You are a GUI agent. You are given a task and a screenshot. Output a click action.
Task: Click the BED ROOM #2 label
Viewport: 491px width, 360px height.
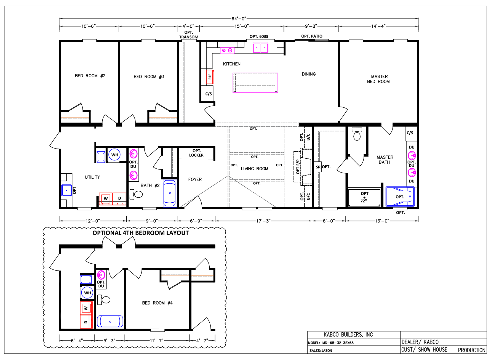point(90,76)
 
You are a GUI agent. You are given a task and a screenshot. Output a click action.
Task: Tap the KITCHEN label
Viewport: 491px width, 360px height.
point(232,64)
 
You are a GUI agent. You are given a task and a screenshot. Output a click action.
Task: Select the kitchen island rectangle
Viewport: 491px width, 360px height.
point(255,83)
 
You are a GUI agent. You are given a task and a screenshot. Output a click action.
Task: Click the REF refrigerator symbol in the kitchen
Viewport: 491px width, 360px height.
point(210,77)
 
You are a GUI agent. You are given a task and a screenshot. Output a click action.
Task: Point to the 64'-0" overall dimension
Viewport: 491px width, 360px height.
point(239,18)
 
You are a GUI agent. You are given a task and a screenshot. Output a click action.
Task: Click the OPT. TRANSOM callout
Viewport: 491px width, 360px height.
point(189,35)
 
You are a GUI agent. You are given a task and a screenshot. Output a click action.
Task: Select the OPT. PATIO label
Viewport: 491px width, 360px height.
point(312,36)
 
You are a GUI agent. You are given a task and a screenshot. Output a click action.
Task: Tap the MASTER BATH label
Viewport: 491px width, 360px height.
point(385,160)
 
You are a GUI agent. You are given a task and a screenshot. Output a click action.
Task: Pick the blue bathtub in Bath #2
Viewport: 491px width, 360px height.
point(170,193)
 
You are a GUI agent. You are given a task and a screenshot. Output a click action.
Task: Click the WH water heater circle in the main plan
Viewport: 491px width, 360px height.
point(115,155)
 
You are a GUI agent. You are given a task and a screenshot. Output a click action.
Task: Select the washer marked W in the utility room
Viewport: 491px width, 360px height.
point(106,198)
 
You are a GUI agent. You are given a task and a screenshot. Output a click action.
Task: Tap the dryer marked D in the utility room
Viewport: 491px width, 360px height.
point(119,198)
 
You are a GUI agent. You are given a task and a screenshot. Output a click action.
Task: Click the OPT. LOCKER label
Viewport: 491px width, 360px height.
point(196,153)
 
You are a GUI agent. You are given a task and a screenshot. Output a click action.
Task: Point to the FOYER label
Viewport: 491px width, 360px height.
point(195,179)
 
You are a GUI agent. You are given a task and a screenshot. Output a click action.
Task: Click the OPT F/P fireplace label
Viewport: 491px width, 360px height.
point(298,167)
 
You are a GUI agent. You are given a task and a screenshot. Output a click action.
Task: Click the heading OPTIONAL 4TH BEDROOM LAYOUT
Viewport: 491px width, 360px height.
point(141,233)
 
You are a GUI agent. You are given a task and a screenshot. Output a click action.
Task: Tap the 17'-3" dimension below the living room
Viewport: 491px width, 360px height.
point(263,221)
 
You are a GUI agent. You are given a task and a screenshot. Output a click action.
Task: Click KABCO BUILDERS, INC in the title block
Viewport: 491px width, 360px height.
point(348,335)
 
